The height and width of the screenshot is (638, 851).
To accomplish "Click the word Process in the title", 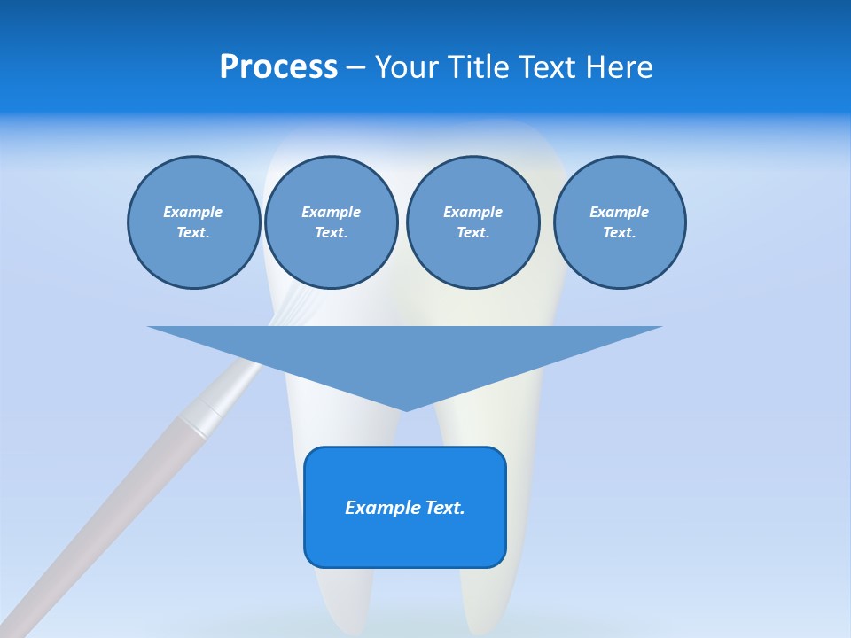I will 278,67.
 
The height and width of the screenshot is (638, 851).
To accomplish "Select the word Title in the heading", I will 480,67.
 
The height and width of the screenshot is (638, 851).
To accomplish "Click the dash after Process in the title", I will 355,68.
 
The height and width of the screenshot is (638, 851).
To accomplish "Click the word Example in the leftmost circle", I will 193,212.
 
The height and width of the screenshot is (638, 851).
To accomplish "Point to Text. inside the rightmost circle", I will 619,233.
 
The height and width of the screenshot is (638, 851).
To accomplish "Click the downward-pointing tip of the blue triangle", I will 406,408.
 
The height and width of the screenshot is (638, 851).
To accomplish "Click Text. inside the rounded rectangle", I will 445,508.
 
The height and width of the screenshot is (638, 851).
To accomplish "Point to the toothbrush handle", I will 106,514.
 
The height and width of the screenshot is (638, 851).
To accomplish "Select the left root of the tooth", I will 341,594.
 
